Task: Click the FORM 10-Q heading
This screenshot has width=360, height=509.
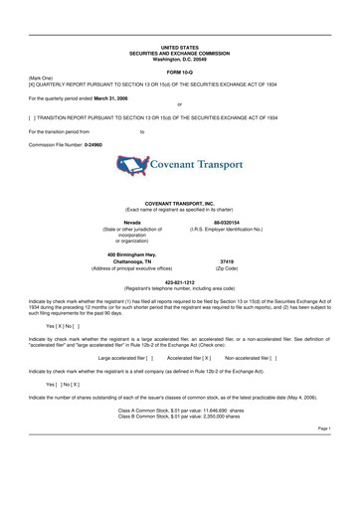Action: tap(179, 73)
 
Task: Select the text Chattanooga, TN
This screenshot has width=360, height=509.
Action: tap(131, 261)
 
